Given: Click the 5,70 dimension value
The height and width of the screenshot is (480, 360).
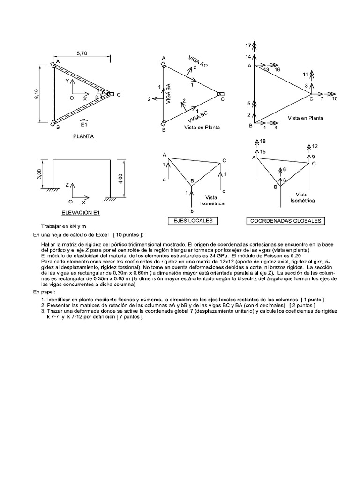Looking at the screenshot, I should (x=82, y=54).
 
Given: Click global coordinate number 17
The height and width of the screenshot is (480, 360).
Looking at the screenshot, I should (x=248, y=45).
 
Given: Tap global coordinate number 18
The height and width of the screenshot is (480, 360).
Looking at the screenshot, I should (x=263, y=141).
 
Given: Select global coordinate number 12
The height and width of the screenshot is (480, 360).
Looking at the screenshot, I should (x=315, y=146).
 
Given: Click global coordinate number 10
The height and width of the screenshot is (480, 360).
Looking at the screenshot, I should (x=334, y=99).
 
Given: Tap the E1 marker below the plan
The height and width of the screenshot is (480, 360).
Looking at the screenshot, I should (x=83, y=125).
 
